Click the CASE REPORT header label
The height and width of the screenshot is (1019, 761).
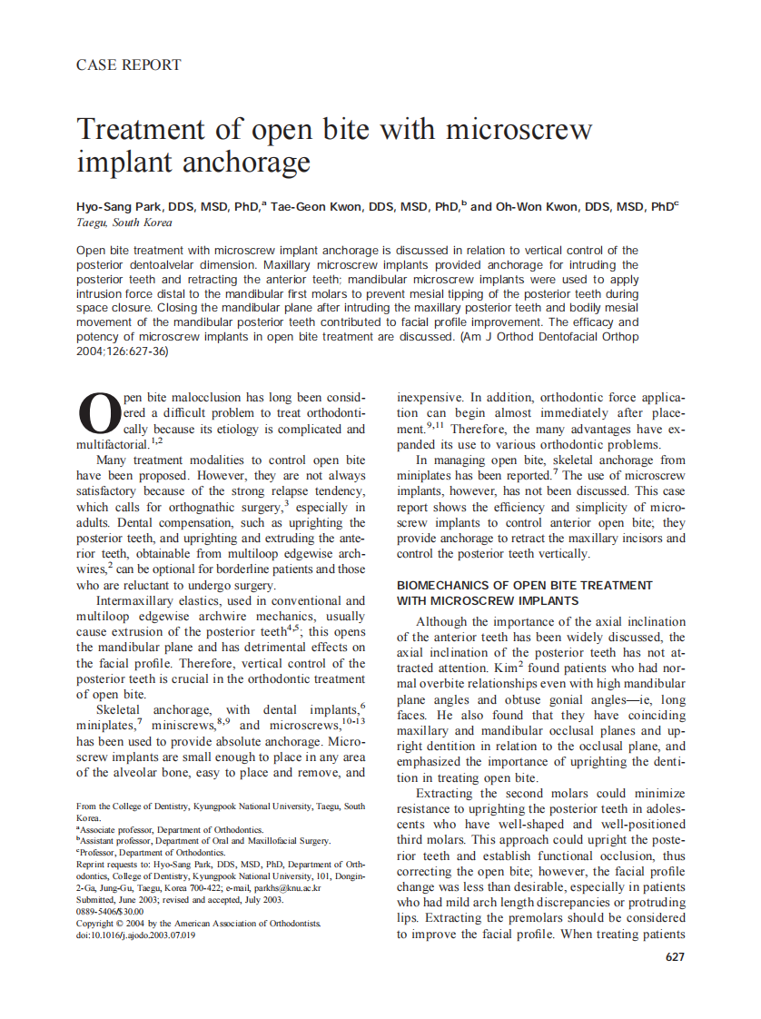coord(129,64)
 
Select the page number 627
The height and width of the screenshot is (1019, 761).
coord(675,956)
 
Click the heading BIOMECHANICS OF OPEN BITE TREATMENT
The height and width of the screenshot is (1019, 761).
coord(525,585)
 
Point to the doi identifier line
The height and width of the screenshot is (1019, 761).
coord(135,935)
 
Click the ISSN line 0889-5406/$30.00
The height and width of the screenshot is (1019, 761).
coord(110,911)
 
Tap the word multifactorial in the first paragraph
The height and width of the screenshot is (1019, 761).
coord(113,445)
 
